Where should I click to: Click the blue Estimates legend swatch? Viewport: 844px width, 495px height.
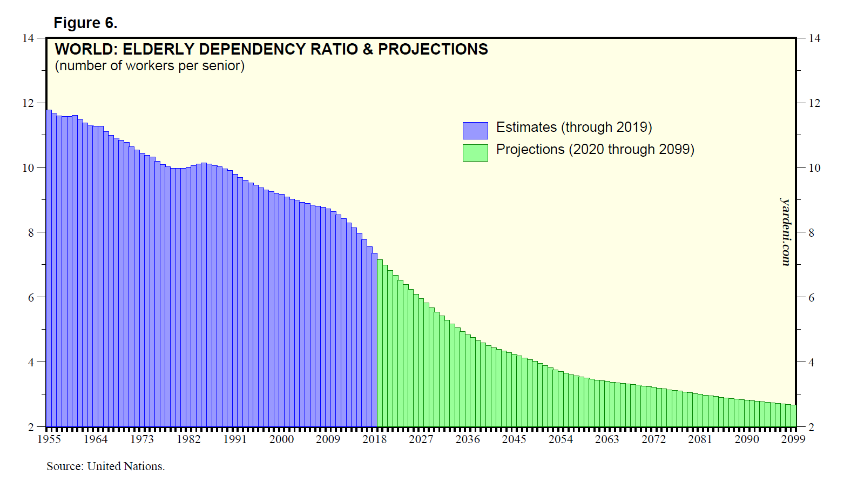click(x=475, y=130)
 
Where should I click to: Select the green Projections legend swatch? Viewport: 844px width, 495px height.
click(x=475, y=152)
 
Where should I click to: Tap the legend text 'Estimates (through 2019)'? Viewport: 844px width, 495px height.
click(x=574, y=128)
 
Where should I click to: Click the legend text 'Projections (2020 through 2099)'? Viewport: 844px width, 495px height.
click(x=595, y=150)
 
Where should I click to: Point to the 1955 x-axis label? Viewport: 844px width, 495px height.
click(x=49, y=439)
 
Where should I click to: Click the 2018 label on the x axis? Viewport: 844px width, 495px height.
click(x=375, y=439)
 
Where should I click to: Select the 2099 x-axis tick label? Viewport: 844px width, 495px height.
click(x=793, y=439)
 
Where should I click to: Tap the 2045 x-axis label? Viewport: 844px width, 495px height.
click(x=514, y=439)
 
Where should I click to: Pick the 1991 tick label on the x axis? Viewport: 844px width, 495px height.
click(x=235, y=439)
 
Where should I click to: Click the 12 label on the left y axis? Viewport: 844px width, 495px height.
click(x=28, y=103)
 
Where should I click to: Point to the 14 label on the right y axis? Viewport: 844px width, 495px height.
click(x=814, y=38)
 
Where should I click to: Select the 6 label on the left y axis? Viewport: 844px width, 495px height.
click(x=31, y=298)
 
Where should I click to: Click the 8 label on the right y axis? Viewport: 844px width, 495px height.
click(x=811, y=233)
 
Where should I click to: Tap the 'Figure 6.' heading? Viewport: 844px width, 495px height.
click(x=85, y=23)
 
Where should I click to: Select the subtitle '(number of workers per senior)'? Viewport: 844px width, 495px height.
click(x=150, y=66)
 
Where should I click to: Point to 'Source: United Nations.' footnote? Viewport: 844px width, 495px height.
click(x=106, y=466)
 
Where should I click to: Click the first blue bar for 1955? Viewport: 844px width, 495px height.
click(x=49, y=270)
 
